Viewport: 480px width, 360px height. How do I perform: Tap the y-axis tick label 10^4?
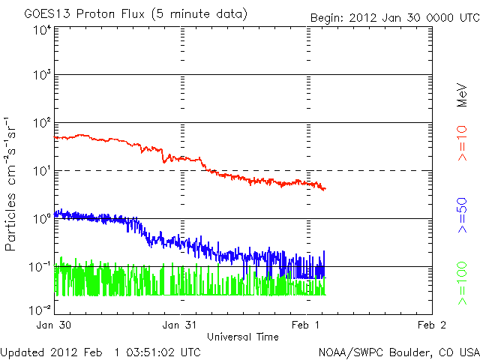point(42,31)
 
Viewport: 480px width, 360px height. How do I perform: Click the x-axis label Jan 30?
point(55,325)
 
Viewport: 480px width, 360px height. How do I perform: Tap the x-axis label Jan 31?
point(181,325)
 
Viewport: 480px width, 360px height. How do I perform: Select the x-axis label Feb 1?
point(307,325)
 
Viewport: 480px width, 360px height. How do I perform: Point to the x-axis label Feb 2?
point(433,325)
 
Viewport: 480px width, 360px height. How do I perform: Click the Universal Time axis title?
point(243,337)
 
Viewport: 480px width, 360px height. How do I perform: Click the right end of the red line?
point(325,188)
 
